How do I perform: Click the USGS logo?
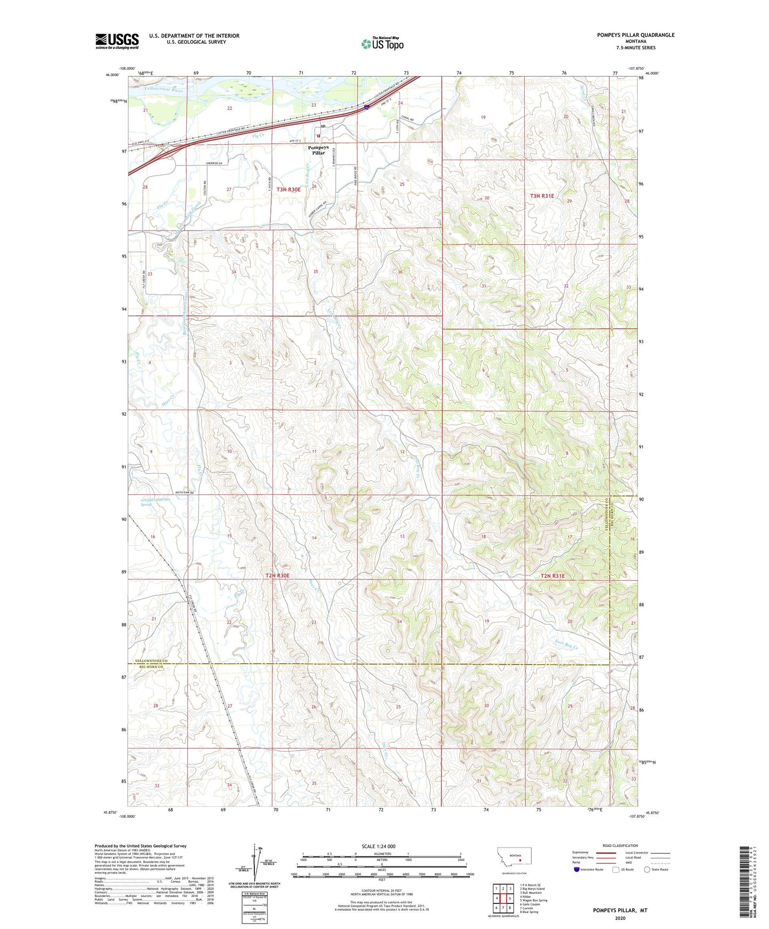[x=117, y=41]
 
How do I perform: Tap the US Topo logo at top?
[x=382, y=44]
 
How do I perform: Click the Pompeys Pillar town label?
[x=318, y=150]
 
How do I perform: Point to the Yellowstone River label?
[x=163, y=90]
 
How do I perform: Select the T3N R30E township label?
[x=288, y=189]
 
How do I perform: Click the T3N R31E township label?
[x=542, y=196]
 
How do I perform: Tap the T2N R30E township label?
[x=278, y=576]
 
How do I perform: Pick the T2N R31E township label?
[x=552, y=576]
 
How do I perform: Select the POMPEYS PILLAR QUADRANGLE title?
[x=635, y=35]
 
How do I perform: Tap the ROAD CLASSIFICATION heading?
[x=620, y=845]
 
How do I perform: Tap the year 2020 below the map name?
[x=620, y=918]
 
